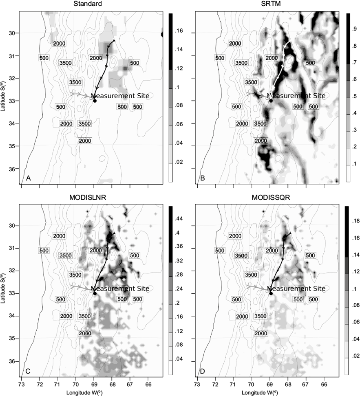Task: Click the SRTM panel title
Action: (266, 4)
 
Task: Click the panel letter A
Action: (28, 178)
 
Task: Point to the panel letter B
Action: (201, 178)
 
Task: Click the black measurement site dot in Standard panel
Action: (95, 101)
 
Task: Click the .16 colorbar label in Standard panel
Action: (178, 31)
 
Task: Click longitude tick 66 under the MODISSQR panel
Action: (324, 384)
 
